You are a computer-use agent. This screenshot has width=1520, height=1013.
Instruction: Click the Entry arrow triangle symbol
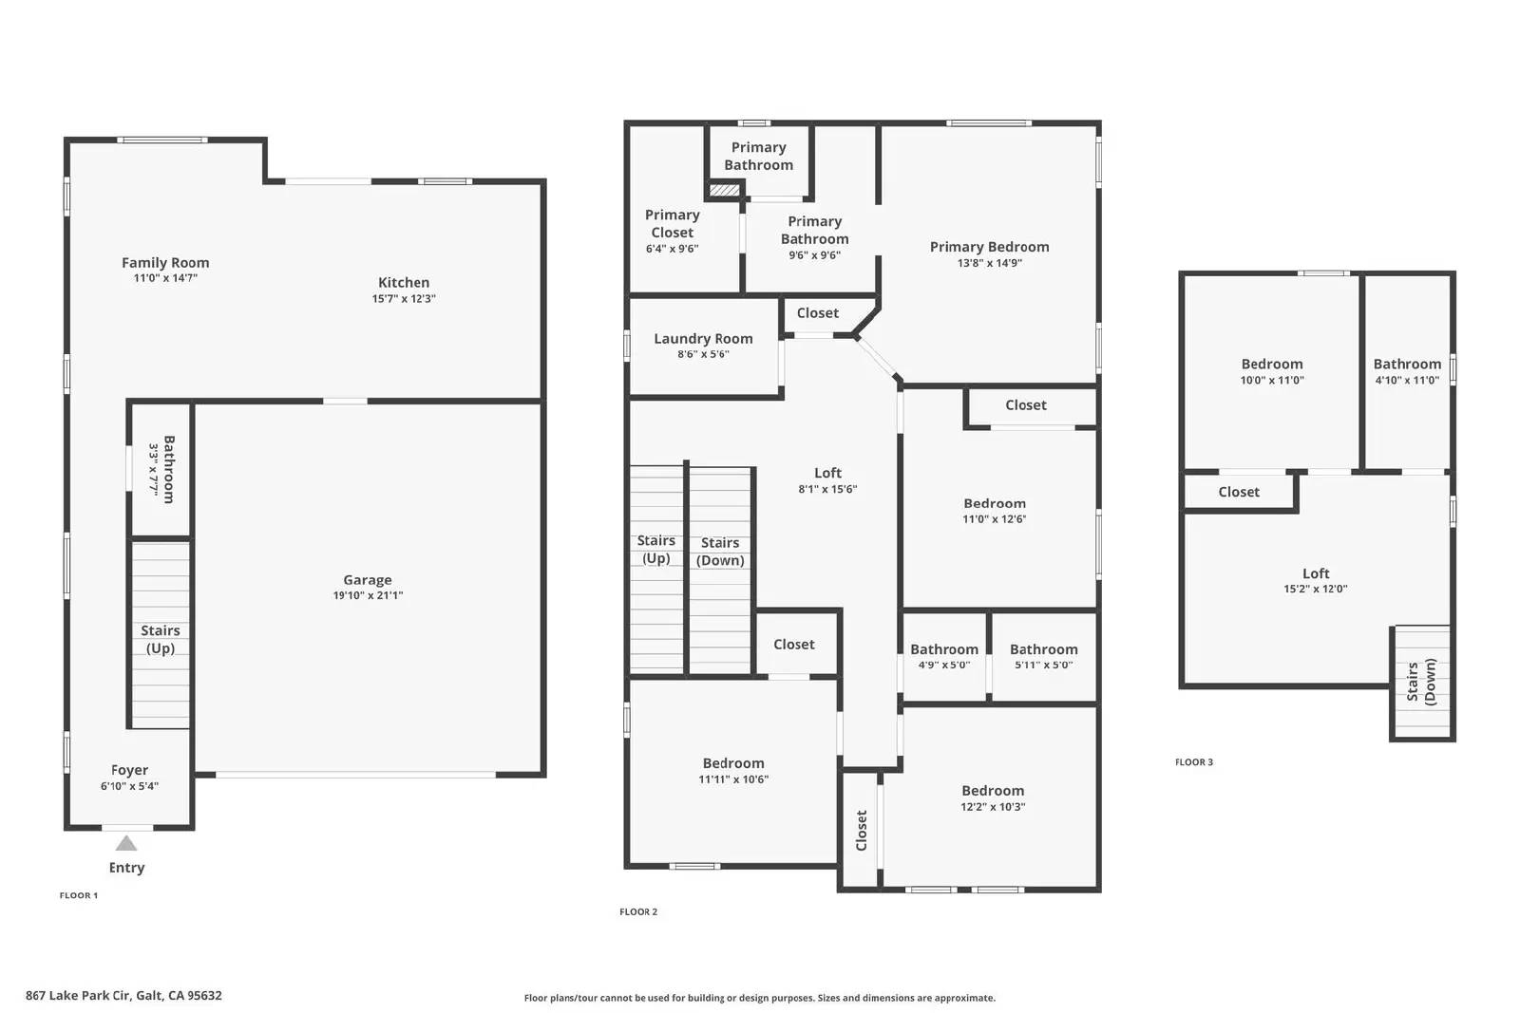pos(126,843)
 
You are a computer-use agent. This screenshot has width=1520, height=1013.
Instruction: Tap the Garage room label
pos(368,580)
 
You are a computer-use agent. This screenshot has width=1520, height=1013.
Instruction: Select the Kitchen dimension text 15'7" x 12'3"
pos(404,299)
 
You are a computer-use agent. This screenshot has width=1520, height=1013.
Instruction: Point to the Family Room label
pos(165,263)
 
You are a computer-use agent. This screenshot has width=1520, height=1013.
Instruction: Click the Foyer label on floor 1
pos(129,771)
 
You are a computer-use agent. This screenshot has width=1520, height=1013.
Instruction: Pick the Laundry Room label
pos(703,339)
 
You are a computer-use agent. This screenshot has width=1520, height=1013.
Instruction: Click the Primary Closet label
pos(672,224)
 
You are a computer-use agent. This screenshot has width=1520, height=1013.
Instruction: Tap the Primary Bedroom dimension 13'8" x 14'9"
pos(989,263)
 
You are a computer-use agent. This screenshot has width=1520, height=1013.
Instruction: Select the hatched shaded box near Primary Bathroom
pos(725,190)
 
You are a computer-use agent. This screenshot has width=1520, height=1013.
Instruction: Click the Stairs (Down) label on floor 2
pos(720,552)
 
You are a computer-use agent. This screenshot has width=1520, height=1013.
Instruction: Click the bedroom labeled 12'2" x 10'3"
pos(993,798)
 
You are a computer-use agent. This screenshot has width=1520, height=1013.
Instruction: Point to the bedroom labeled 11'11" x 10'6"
pos(733,771)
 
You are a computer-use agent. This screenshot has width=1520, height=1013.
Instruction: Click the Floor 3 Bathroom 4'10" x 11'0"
pos(1407,371)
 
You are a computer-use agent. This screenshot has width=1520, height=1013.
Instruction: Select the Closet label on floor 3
pos(1239,492)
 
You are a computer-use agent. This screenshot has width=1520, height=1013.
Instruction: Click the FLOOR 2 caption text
pos(638,912)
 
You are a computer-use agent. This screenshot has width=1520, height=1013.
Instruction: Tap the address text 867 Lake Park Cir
pos(123,996)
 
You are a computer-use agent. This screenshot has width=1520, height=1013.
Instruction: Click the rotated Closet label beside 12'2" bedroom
pos(862,830)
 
